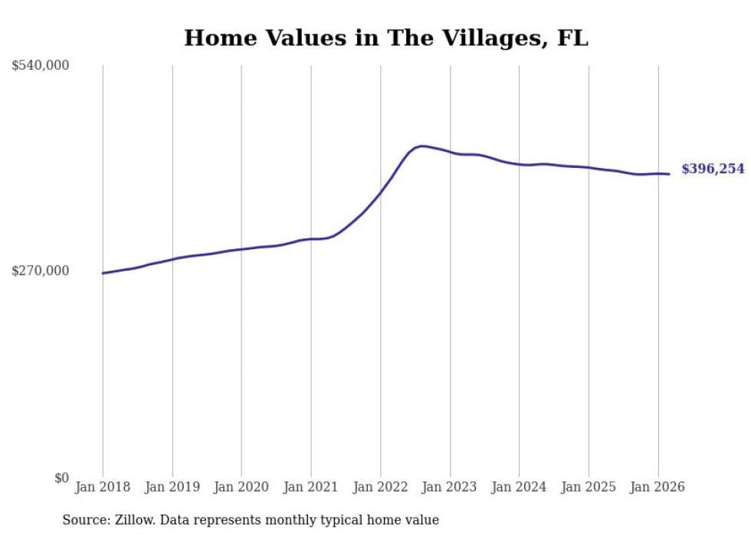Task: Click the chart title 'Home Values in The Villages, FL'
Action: click(386, 38)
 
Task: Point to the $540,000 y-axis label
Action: click(41, 66)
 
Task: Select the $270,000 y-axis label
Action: click(41, 271)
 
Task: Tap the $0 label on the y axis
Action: click(61, 478)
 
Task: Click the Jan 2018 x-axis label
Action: click(103, 487)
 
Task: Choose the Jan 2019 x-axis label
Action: click(172, 487)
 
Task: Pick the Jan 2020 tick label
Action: click(241, 487)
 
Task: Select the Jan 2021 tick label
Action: click(311, 487)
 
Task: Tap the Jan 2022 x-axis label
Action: click(380, 487)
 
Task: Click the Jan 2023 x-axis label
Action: click(450, 487)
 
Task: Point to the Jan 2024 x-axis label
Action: click(519, 487)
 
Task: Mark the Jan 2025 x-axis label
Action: click(589, 487)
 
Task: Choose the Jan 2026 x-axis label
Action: click(658, 487)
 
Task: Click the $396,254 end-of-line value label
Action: click(713, 169)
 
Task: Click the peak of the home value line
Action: click(421, 146)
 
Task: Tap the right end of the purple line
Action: click(669, 174)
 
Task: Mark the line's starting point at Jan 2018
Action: click(103, 273)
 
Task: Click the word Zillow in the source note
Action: click(136, 520)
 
